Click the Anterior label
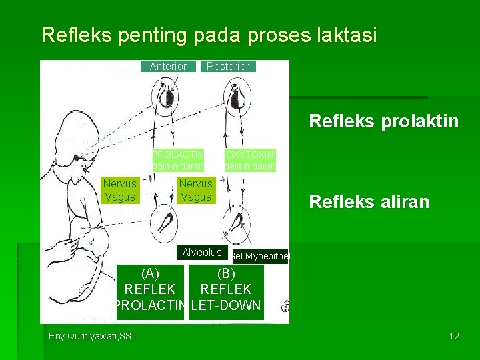click(168, 66)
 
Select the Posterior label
click(228, 66)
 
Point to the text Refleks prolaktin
click(383, 121)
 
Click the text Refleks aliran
click(369, 202)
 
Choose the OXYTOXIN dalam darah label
click(250, 160)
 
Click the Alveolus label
click(202, 252)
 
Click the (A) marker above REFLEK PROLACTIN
click(150, 273)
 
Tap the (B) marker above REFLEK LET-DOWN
click(226, 273)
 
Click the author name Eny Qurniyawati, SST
click(93, 335)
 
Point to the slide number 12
click(454, 335)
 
